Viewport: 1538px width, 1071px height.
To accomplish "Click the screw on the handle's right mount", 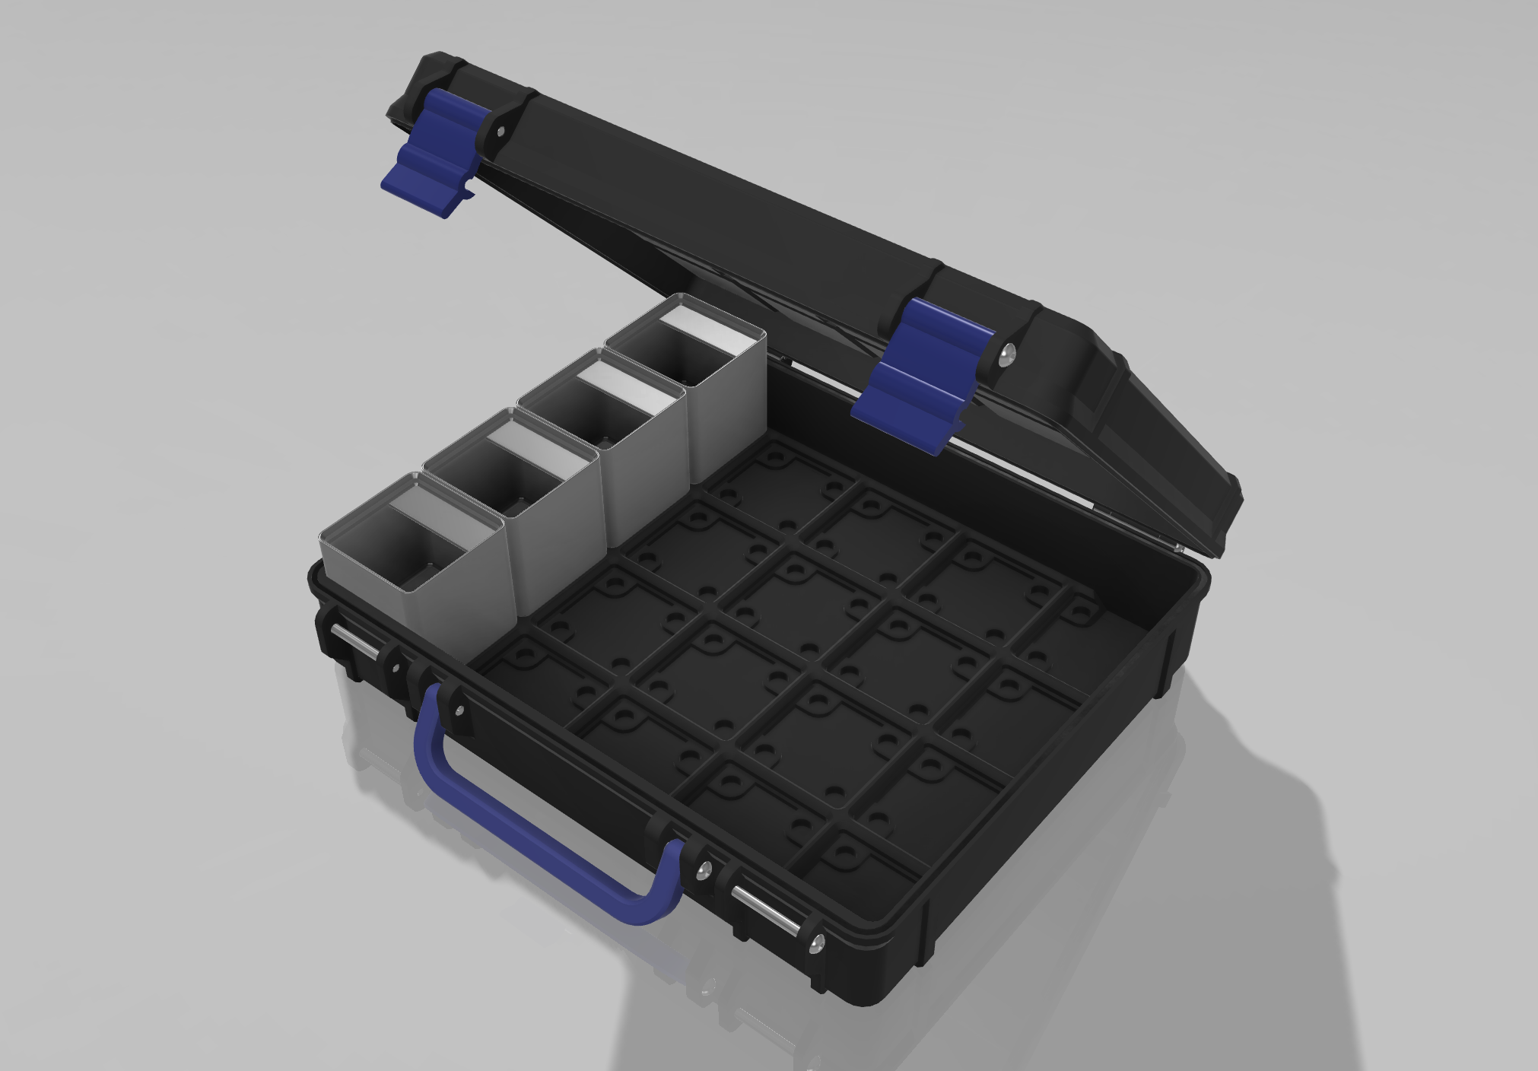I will click(705, 869).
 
